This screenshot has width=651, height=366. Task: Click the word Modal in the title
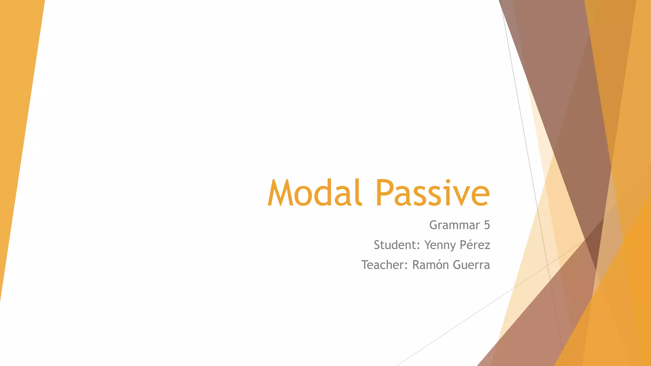pos(315,193)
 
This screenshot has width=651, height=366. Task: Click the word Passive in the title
pos(433,193)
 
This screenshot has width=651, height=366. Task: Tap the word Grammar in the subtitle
pos(455,225)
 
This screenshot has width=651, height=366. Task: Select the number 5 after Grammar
pos(487,225)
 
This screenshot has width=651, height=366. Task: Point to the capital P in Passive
pos(384,193)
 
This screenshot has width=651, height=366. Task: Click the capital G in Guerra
pos(457,265)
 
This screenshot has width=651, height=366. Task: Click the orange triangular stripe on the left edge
pos(19,95)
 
